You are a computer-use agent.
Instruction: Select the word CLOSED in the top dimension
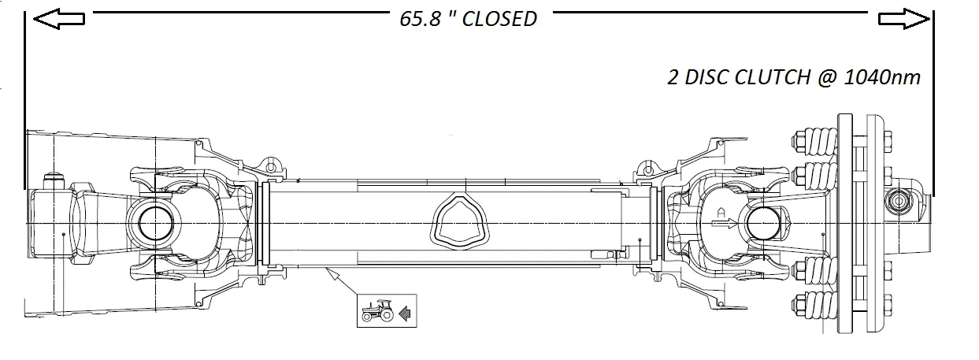click(499, 19)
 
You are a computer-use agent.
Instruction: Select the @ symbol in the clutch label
click(822, 77)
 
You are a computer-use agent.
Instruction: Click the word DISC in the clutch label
click(706, 77)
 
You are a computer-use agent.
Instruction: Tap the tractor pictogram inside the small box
click(377, 311)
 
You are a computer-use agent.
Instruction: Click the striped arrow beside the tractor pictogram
click(405, 314)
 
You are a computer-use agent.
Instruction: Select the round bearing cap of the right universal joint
click(765, 223)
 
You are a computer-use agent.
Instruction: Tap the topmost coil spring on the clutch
click(814, 141)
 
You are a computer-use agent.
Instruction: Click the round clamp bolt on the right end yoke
click(897, 202)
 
